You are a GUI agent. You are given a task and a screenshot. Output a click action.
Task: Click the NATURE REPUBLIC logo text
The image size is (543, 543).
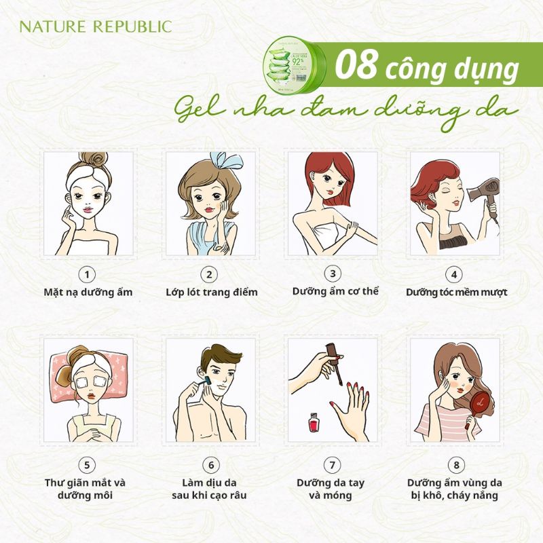coord(95,28)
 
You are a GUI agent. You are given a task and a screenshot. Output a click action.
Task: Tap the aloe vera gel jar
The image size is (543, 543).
coord(297,66)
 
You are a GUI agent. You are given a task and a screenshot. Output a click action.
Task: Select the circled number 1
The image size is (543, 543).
coord(86,274)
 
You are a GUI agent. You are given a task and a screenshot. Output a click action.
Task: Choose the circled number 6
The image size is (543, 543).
coord(210,465)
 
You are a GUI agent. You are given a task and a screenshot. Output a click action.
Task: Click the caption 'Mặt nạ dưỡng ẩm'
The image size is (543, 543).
coord(86,293)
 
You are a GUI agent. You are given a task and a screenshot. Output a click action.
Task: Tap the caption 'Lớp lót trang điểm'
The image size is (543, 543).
coord(211,293)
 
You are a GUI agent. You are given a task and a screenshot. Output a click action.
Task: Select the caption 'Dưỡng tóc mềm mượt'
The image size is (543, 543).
coord(456,293)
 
